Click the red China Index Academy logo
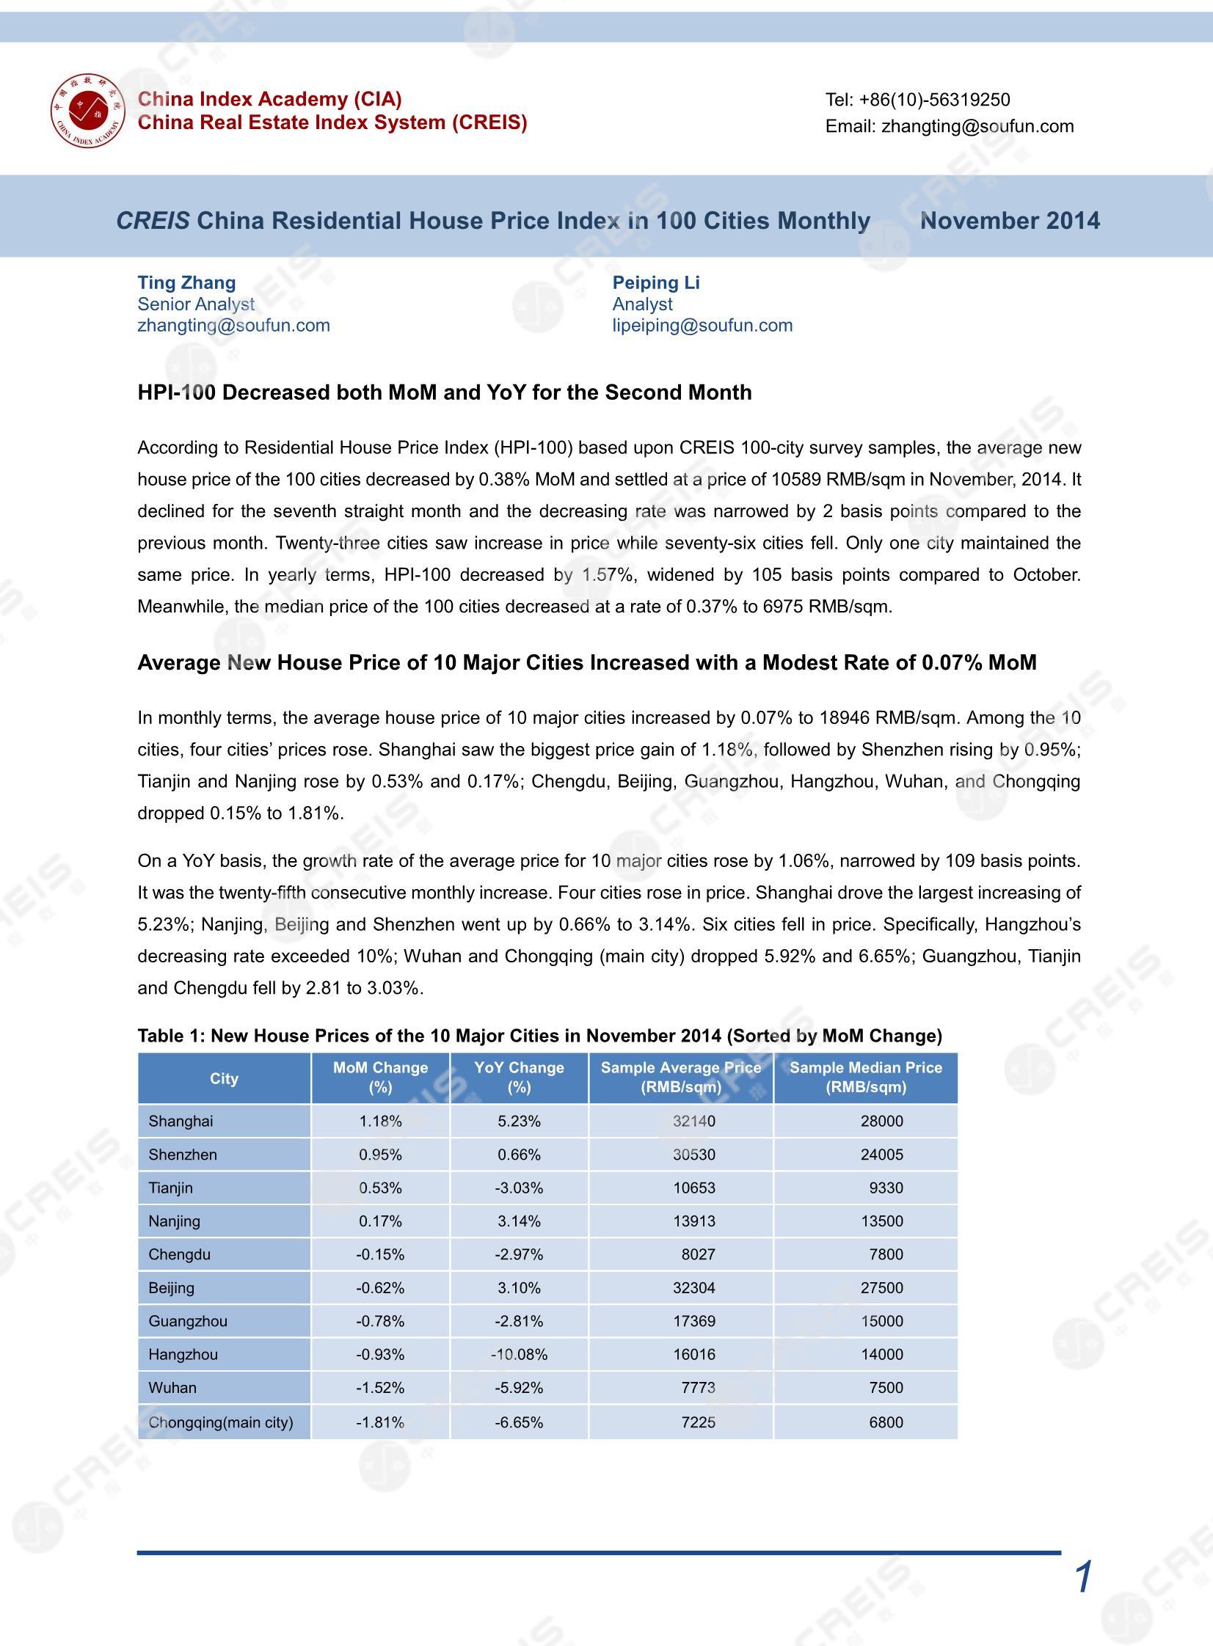pos(87,110)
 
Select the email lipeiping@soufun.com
pos(702,325)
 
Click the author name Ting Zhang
pos(186,282)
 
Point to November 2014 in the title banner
pos(1010,221)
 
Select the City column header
pos(224,1078)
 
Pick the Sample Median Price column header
pos(865,1078)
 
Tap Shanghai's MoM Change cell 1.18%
pos(379,1122)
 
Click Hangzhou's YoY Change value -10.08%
pos(519,1354)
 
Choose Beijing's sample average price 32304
pos(694,1288)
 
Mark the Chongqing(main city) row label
pos(220,1422)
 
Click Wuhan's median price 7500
pos(886,1388)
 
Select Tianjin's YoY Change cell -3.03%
pos(519,1188)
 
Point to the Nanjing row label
pos(174,1221)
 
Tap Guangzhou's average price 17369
pos(694,1321)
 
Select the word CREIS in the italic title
pos(153,221)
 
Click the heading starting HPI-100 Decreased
pos(444,392)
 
